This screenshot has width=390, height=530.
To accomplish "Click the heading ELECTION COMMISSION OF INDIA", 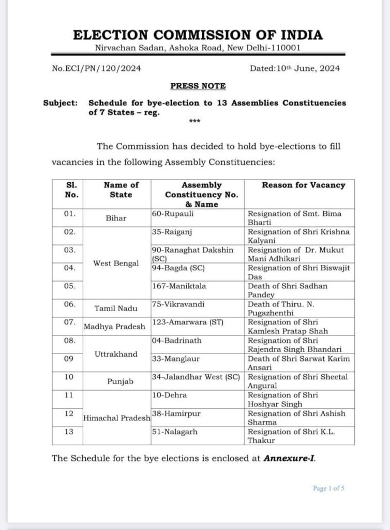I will (x=198, y=35).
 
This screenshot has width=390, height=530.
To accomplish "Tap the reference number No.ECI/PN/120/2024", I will (x=97, y=68).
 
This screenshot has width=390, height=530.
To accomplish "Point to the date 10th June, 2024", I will (x=295, y=68).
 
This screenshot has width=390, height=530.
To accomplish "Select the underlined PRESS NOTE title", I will (x=198, y=85).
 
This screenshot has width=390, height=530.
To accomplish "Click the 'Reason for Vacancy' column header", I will (x=303, y=185).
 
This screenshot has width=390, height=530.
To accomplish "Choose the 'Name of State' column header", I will (x=121, y=189).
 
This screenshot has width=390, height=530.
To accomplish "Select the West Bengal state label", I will (x=116, y=263).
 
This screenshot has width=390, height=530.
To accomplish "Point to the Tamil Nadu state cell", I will (x=116, y=308).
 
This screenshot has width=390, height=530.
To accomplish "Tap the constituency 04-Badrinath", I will (x=176, y=341).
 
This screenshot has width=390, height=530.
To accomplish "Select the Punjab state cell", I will (x=121, y=381).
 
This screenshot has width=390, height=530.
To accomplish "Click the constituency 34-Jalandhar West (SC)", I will (x=197, y=377).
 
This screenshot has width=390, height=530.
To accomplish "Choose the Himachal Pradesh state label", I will (x=116, y=417).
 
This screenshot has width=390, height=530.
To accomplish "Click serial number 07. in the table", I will (x=70, y=322).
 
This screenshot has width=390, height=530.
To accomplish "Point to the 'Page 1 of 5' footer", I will (x=328, y=488).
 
